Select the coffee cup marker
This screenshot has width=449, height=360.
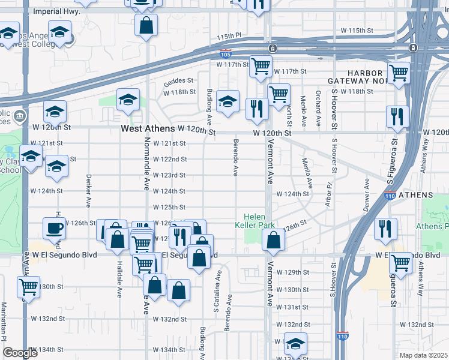click(x=54, y=229)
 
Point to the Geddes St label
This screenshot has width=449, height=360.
click(x=179, y=80)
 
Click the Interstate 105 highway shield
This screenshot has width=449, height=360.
click(x=226, y=55)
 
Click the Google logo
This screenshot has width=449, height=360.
click(x=20, y=353)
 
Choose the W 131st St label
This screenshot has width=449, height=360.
click(x=296, y=307)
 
